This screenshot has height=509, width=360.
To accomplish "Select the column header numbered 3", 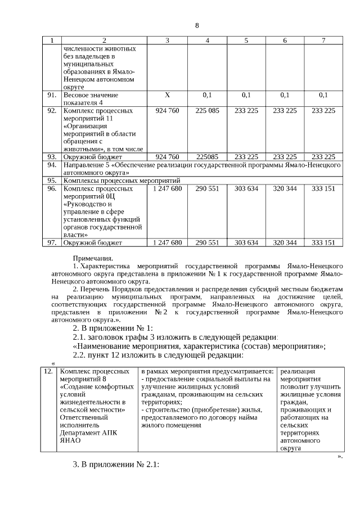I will point(167,40).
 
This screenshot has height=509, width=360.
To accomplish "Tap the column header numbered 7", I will point(323,40).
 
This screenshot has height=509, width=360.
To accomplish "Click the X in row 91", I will point(167,95).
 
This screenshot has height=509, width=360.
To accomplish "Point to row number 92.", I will point(52,111).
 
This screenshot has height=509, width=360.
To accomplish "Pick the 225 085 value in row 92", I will point(207,111).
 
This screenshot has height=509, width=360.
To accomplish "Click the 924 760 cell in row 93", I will point(167,157).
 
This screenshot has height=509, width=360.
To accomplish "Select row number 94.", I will point(52,165).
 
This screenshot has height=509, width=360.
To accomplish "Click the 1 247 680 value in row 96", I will point(167,189).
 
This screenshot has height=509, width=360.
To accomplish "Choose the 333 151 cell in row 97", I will point(323,243).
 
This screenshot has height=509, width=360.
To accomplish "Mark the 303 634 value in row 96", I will point(246,189).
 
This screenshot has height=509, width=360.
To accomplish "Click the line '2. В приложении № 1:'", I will point(113,328).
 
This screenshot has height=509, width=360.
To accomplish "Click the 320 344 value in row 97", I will point(285,243).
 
